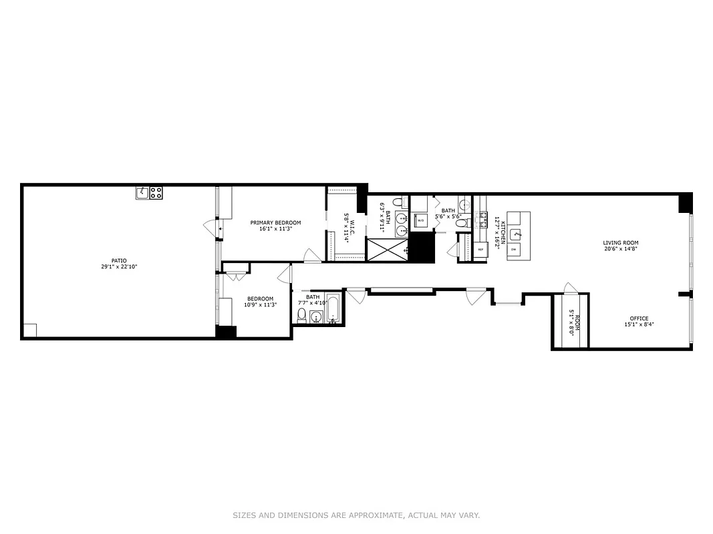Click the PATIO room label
119,261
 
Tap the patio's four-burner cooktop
156,193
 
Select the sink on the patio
142,193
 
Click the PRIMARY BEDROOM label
275,222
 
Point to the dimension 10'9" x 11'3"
260,304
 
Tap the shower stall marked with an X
387,250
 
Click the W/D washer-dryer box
421,220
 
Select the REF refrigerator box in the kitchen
480,250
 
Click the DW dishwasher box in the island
513,249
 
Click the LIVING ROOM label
621,243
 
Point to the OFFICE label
638,318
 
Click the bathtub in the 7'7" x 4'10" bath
333,310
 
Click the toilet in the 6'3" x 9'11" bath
397,202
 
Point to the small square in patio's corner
30,330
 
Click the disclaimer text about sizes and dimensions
356,515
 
